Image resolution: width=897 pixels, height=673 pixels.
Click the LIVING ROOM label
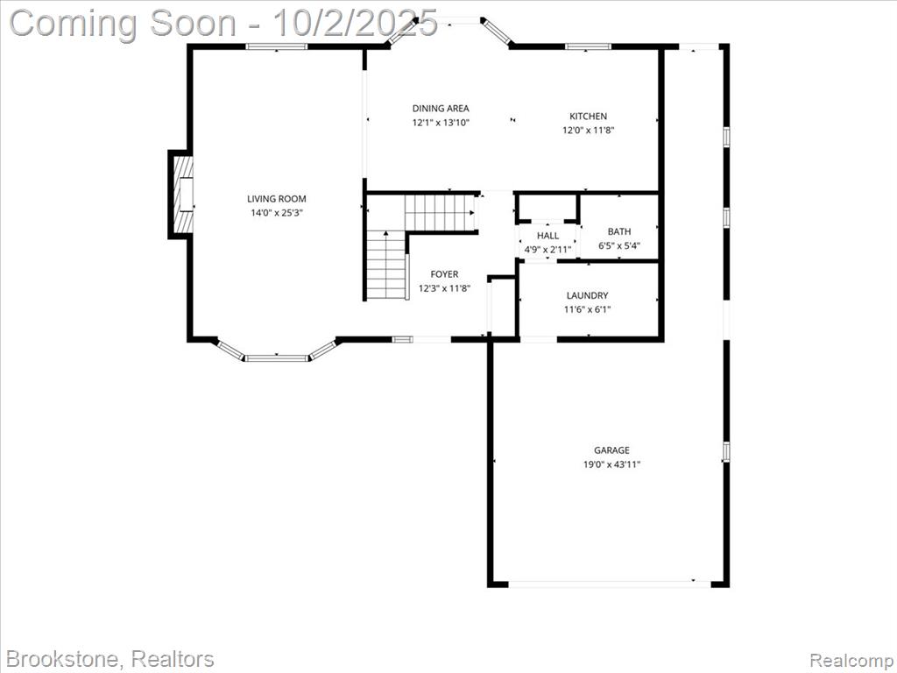click(x=276, y=199)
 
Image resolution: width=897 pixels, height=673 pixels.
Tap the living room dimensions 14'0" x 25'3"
click(x=276, y=213)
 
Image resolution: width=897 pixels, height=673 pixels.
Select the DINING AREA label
click(x=441, y=108)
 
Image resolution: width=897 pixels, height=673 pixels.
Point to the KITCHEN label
click(x=588, y=117)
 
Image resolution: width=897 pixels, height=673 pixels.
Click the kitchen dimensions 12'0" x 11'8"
click(x=588, y=130)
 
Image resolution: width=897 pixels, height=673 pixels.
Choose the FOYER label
click(x=444, y=274)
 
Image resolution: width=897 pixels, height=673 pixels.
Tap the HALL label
click(x=548, y=236)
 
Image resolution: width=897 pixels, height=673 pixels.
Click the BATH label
click(x=619, y=231)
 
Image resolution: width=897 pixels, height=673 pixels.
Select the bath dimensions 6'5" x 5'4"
click(x=619, y=246)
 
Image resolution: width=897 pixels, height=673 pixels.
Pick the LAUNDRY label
click(x=588, y=296)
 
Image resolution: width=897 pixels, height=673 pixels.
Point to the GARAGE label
click(x=611, y=450)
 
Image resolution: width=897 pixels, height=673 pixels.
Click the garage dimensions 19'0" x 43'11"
click(x=611, y=464)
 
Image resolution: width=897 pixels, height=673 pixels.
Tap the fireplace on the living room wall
click(x=181, y=195)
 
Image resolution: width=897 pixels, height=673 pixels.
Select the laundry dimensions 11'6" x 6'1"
click(x=588, y=309)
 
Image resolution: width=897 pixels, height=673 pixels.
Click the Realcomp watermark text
click(x=851, y=660)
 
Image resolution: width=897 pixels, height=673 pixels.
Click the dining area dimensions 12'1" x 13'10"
click(x=441, y=123)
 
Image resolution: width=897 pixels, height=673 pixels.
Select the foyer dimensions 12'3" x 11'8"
click(x=444, y=289)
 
